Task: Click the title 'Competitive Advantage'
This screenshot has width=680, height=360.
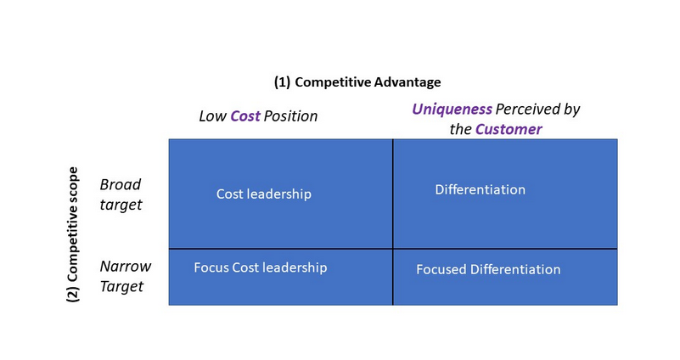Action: tap(368, 82)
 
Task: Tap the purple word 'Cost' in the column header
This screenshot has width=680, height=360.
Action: tap(245, 116)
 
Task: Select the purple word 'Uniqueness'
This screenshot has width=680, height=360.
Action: tap(452, 110)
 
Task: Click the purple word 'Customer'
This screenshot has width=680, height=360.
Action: tap(509, 129)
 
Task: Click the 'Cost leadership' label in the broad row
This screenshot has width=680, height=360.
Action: tap(264, 194)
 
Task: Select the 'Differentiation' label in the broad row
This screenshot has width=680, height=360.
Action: tap(480, 189)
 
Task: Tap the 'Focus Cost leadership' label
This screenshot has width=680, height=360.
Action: tap(261, 267)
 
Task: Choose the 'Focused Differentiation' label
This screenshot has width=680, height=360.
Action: tap(488, 269)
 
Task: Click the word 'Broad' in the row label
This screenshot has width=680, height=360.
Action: tap(121, 185)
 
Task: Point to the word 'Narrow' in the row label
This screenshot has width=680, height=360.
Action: tap(126, 267)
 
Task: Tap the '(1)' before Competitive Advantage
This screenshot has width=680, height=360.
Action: tap(283, 82)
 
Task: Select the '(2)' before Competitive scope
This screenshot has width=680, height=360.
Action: tap(73, 294)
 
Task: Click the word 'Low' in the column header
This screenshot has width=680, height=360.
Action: tap(212, 116)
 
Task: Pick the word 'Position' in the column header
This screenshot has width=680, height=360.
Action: tap(290, 116)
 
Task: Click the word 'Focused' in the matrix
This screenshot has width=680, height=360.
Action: tap(441, 269)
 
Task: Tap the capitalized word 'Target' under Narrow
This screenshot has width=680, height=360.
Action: tap(121, 287)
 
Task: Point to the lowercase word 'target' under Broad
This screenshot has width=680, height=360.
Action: tap(121, 205)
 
